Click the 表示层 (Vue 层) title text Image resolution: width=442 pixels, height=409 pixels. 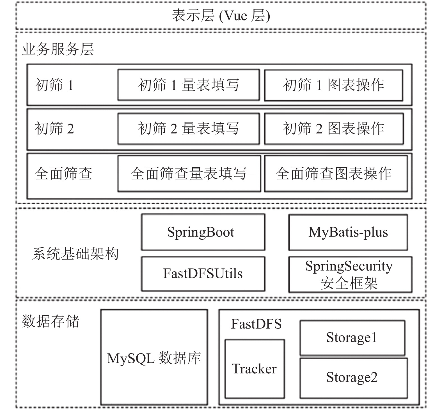[x=221, y=16]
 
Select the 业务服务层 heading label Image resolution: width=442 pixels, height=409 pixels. [x=58, y=49]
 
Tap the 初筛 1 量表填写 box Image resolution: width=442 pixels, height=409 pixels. [x=189, y=85]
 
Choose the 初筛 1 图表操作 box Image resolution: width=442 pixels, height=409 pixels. [x=334, y=85]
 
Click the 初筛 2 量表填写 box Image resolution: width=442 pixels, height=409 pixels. [x=189, y=129]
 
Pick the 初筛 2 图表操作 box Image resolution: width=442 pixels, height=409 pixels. [x=334, y=129]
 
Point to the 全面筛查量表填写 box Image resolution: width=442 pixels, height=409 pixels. [x=189, y=174]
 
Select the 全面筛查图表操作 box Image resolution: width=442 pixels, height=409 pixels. [x=336, y=174]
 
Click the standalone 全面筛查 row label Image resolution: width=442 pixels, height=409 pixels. [x=63, y=174]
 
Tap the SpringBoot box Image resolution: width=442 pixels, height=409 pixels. [x=203, y=232]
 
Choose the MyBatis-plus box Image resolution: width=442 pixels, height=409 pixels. [x=348, y=232]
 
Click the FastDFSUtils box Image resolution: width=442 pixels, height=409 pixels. [x=203, y=274]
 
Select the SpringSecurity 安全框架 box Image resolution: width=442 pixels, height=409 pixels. [x=351, y=274]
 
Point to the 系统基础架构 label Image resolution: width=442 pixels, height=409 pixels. [x=75, y=254]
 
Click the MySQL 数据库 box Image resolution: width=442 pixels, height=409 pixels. [x=154, y=357]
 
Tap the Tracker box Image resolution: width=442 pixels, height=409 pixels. [x=255, y=369]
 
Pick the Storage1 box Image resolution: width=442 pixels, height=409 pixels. [x=352, y=338]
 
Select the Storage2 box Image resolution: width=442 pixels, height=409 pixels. [x=354, y=378]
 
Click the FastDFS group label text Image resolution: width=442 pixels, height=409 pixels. [x=256, y=324]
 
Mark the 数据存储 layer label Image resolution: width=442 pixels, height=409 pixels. [x=51, y=321]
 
